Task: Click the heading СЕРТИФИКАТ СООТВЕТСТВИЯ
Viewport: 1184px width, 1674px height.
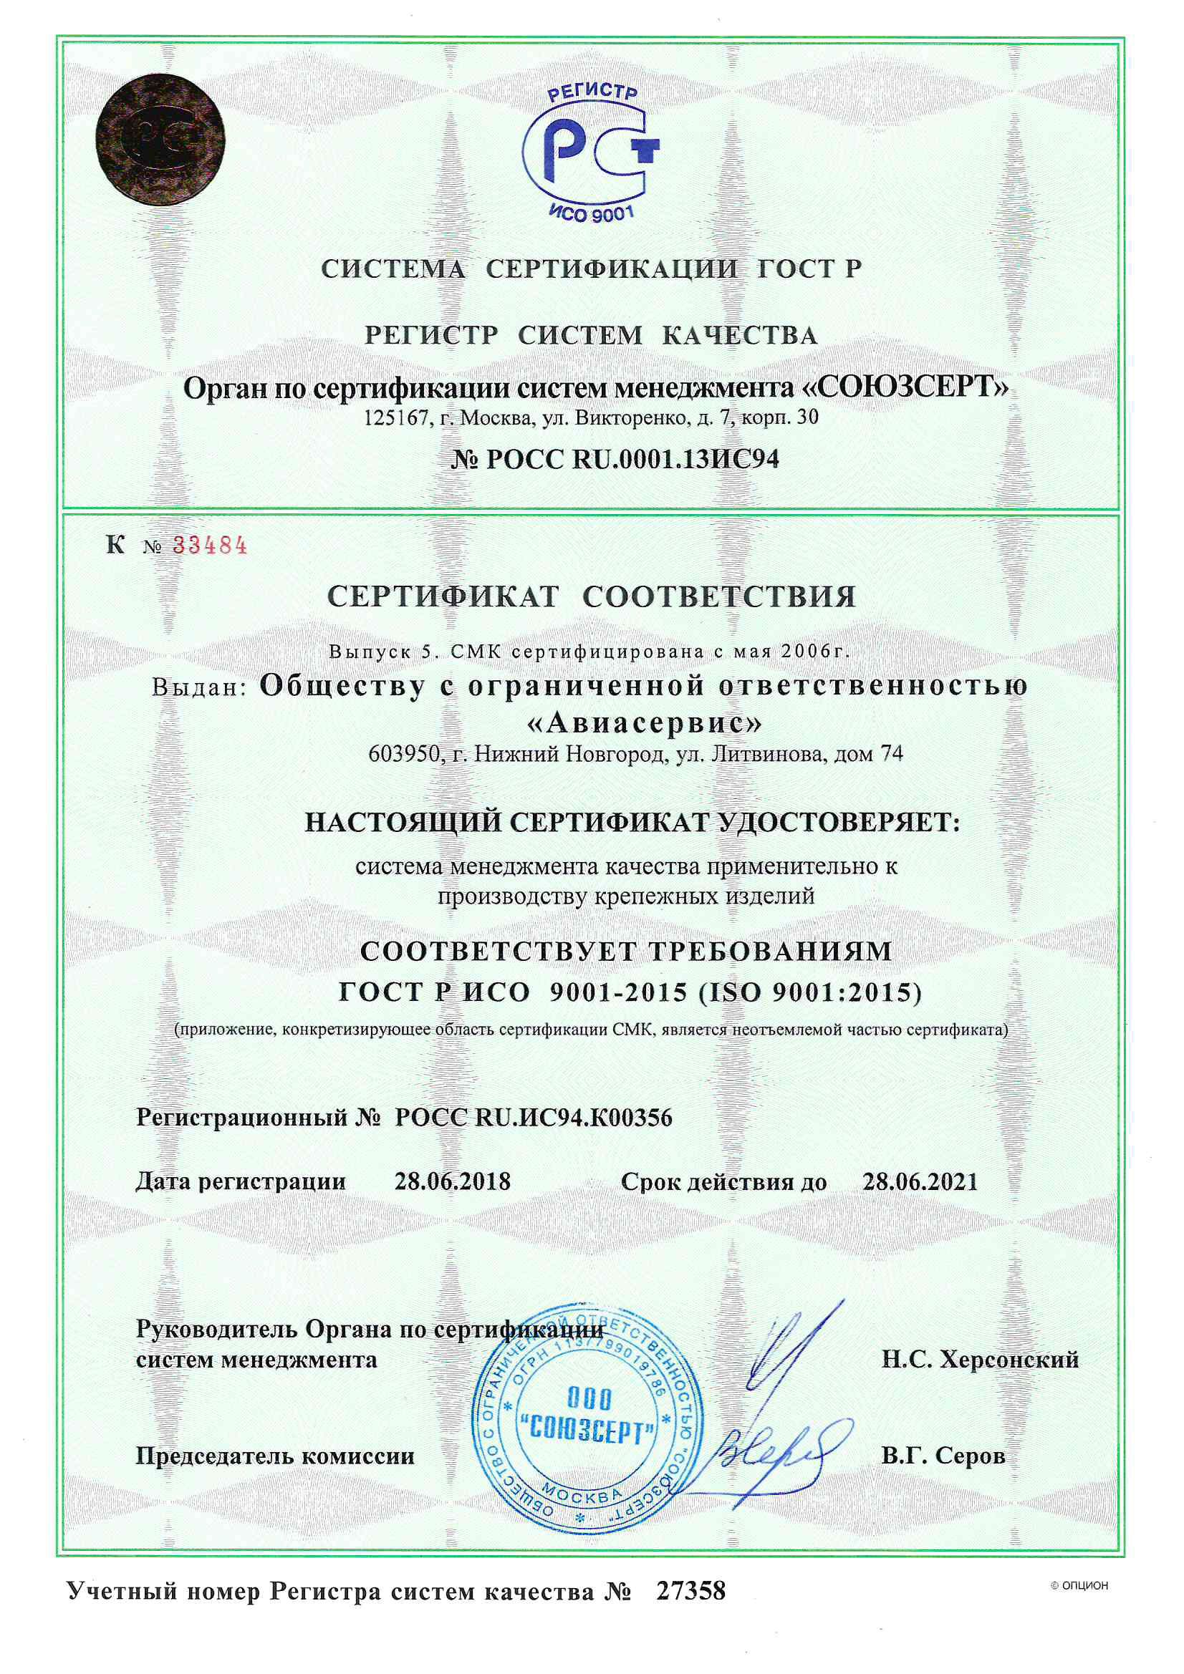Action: pyautogui.click(x=591, y=597)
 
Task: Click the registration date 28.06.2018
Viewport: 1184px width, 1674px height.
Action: pyautogui.click(x=452, y=1181)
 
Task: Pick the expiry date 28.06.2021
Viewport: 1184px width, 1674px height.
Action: pyautogui.click(x=919, y=1181)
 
